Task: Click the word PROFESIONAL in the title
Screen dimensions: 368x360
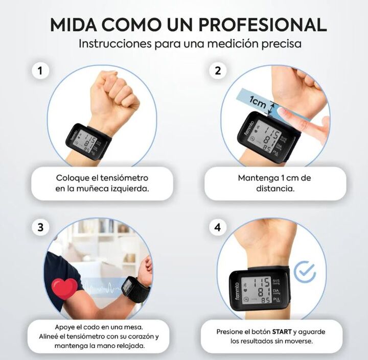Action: click(x=263, y=25)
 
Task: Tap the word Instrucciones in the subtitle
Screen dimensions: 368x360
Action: click(x=115, y=44)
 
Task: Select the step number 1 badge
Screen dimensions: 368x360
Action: click(x=40, y=70)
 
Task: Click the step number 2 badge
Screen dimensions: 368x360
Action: click(x=218, y=70)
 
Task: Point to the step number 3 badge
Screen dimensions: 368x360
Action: click(x=40, y=227)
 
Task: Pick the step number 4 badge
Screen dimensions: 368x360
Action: click(x=218, y=227)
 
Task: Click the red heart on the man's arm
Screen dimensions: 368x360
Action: click(x=65, y=289)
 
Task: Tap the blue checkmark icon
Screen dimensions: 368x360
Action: click(x=305, y=272)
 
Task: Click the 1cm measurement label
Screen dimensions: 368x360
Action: click(x=258, y=102)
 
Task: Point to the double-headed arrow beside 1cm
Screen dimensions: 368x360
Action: click(x=272, y=108)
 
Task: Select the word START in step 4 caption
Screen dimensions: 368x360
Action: click(x=282, y=332)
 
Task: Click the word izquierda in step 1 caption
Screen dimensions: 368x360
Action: click(x=130, y=188)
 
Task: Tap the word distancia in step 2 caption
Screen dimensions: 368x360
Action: click(x=275, y=188)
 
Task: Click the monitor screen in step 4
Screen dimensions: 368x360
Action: click(x=257, y=291)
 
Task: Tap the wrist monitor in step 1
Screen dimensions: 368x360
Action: click(x=89, y=142)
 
